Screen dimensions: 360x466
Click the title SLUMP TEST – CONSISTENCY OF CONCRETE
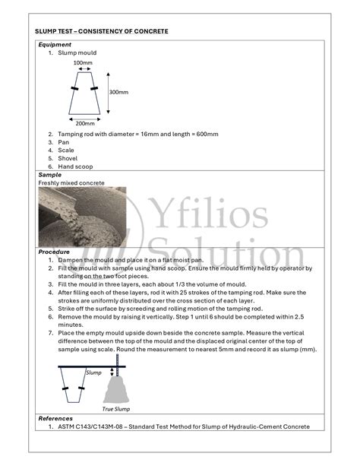(x=101, y=31)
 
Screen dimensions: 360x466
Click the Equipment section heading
(x=55, y=45)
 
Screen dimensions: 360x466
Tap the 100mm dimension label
(x=84, y=62)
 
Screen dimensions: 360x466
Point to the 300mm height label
(x=118, y=92)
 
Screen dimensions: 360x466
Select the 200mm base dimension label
(x=84, y=123)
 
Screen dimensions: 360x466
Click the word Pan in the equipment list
(x=64, y=142)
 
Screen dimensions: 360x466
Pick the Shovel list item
(x=68, y=158)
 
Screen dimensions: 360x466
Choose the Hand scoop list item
(x=74, y=166)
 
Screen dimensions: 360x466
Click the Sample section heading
(x=49, y=175)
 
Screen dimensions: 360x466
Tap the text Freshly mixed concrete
(x=71, y=183)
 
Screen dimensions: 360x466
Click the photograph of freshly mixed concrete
(x=82, y=217)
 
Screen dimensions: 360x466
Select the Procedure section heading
(x=54, y=252)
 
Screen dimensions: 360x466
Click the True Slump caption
(x=117, y=409)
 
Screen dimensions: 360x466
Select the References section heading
(x=55, y=418)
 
